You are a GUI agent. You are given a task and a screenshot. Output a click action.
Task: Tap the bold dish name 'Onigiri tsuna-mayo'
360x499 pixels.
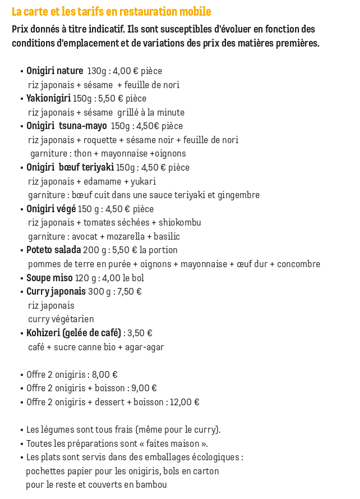tap(67, 126)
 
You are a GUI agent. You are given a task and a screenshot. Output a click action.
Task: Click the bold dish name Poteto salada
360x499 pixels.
tap(54, 250)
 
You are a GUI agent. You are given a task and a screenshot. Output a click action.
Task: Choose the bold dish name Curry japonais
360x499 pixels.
tap(56, 292)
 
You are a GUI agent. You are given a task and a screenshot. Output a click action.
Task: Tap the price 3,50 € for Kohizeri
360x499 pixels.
tap(140, 333)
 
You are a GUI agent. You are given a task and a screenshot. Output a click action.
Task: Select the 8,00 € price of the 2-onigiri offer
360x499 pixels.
tap(104, 375)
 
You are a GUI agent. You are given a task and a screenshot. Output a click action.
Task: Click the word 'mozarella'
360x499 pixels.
tap(124, 237)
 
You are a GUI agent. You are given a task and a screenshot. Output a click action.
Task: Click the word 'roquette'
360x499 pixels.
tap(103, 140)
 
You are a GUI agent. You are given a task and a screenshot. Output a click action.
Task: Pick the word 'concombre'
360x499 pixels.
tap(299, 264)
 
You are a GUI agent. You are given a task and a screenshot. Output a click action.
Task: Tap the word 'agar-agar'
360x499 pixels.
tap(145, 347)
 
